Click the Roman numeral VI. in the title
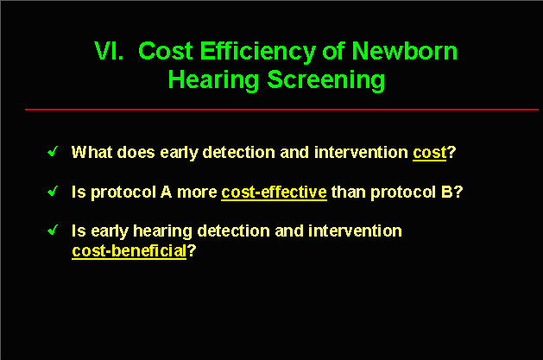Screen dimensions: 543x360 (109, 51)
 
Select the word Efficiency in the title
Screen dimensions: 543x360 (257, 52)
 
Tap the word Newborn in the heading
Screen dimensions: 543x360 (405, 51)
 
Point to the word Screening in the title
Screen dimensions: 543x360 (325, 80)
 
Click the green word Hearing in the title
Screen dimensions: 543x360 (213, 80)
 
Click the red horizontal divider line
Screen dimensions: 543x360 (281, 110)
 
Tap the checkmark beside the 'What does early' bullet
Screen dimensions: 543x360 (53, 151)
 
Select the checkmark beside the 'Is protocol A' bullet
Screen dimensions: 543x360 (53, 191)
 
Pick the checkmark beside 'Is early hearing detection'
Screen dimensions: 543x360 (53, 230)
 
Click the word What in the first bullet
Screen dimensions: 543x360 (92, 152)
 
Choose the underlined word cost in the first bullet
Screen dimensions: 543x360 (429, 153)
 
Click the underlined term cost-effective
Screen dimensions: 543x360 (274, 193)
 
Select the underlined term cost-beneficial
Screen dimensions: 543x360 (129, 251)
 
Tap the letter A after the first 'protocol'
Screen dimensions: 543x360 (167, 193)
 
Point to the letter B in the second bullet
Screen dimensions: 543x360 (447, 193)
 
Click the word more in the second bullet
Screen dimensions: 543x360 (197, 193)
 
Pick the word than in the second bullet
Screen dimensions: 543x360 (349, 193)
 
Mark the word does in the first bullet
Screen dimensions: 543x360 (136, 152)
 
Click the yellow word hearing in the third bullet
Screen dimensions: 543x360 (162, 231)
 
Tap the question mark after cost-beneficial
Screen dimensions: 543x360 (192, 250)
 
